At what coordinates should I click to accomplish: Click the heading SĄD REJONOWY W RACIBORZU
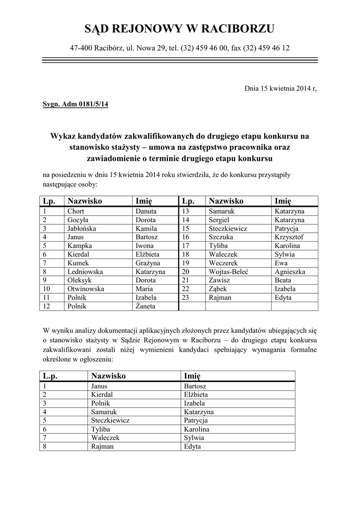tap(179, 29)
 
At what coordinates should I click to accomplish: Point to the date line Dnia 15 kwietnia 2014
tap(281, 89)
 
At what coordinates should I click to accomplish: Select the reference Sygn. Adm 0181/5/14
tap(75, 105)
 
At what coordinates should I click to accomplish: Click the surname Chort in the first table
tap(76, 211)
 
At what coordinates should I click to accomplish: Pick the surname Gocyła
tap(78, 220)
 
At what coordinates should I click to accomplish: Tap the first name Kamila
tap(146, 229)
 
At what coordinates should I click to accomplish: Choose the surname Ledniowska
tap(85, 272)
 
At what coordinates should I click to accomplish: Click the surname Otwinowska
tap(85, 289)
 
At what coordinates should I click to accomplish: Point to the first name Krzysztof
tap(289, 237)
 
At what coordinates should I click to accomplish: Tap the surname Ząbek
tap(220, 289)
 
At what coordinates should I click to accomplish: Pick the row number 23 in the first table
tap(186, 298)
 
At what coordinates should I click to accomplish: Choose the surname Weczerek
tap(223, 263)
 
